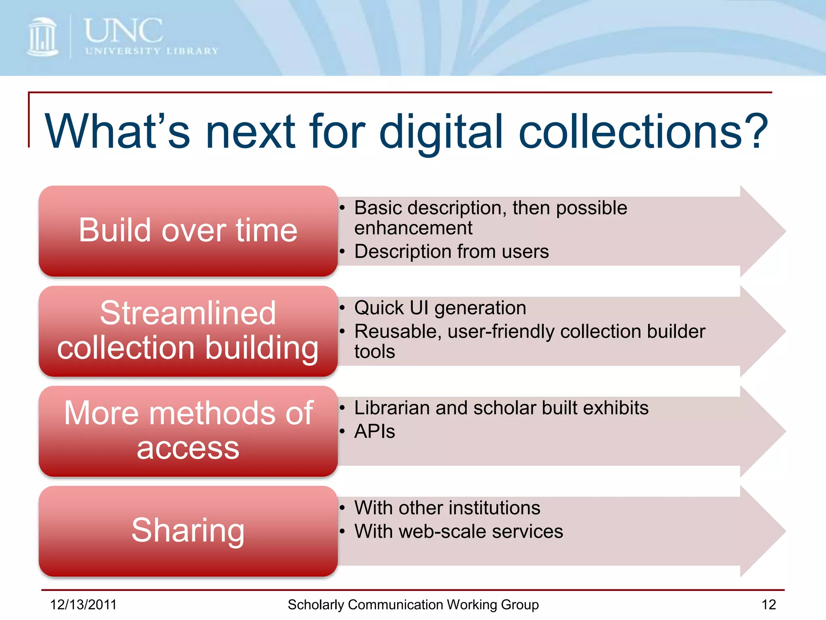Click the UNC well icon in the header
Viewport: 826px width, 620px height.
(42, 37)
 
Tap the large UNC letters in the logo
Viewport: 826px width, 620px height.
(123, 31)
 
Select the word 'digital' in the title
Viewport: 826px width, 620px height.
(441, 132)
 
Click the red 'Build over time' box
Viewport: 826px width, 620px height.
(188, 230)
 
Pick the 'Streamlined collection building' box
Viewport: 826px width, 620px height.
(188, 331)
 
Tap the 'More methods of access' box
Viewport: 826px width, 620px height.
(188, 431)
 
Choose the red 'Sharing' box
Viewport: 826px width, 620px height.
(188, 530)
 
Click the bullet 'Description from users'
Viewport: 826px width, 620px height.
(451, 251)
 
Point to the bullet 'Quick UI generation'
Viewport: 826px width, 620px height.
(440, 308)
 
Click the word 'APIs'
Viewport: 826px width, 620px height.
(374, 431)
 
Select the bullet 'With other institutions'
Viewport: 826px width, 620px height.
(447, 508)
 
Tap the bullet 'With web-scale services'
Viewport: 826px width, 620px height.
(458, 531)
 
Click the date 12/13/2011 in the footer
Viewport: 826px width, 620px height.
(83, 605)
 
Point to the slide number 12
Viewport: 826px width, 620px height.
(768, 605)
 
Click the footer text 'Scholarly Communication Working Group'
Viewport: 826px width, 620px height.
(413, 605)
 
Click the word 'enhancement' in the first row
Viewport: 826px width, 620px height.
(413, 228)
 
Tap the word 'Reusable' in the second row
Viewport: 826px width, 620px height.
(398, 331)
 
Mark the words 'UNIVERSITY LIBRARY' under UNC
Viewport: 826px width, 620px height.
(152, 51)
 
